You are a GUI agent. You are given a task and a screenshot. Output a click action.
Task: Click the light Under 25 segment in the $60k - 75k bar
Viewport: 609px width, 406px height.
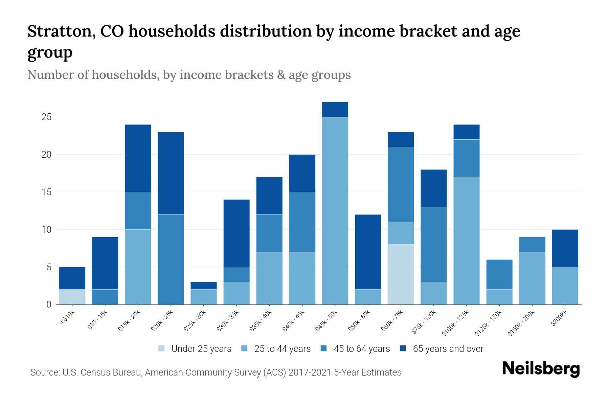pos(401,274)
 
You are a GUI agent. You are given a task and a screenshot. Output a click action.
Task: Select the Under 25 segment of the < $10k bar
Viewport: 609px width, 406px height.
pos(72,297)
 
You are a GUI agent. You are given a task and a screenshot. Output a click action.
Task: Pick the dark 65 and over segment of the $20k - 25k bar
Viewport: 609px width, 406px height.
pos(171,173)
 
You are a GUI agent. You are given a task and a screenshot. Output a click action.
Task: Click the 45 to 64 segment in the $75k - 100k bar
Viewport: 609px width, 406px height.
pos(433,244)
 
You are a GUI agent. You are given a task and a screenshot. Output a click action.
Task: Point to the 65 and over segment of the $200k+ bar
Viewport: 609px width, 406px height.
pos(565,248)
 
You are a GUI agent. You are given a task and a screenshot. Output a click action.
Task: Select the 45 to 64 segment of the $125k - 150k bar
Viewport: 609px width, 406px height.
pos(499,274)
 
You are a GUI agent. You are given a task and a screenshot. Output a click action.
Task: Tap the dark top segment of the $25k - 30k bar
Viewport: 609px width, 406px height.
pos(204,286)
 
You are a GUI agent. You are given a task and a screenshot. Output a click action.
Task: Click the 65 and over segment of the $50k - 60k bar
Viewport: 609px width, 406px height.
pos(368,252)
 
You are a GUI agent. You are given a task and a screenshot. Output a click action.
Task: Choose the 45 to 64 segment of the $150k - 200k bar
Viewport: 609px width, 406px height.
pos(532,244)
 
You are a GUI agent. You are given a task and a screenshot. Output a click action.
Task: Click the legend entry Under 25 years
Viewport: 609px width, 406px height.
pos(201,349)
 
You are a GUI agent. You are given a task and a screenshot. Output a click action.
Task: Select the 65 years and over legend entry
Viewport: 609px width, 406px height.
pos(448,349)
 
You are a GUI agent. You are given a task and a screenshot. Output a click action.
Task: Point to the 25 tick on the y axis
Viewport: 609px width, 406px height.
pos(46,117)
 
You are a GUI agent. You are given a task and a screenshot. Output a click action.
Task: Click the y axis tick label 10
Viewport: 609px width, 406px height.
pos(46,230)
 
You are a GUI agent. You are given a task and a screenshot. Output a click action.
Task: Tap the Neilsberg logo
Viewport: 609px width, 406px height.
pos(541,368)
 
